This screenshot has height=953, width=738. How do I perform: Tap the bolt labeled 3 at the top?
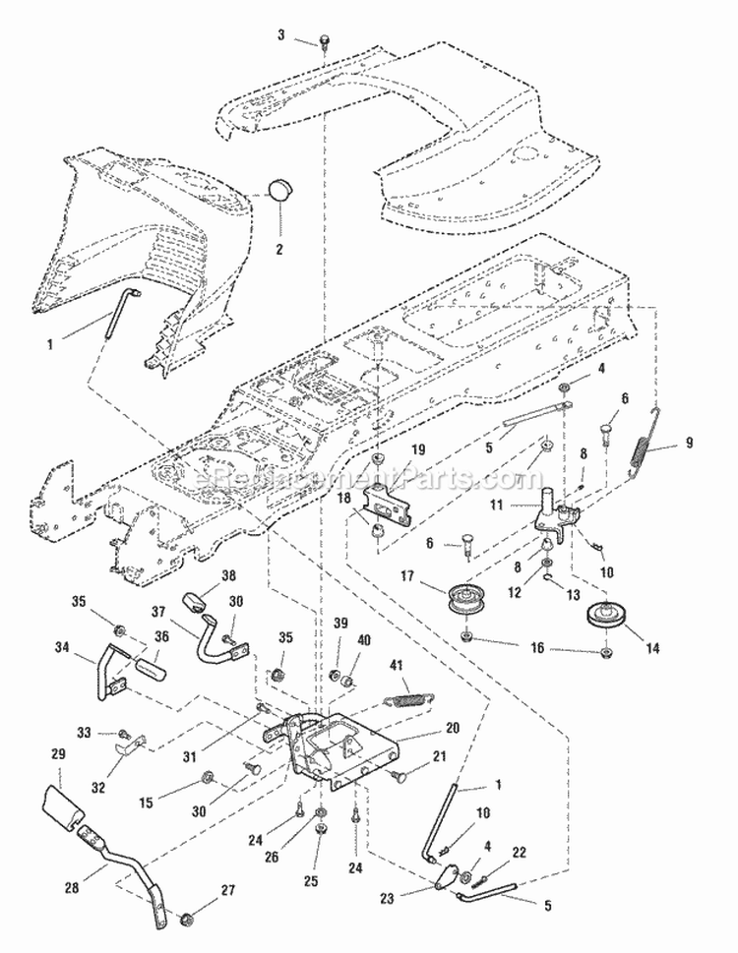pos(323,40)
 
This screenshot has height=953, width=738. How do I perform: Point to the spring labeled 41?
pos(404,698)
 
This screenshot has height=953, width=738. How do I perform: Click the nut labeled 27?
pos(185,919)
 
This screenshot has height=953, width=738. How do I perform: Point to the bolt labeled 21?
pos(400,777)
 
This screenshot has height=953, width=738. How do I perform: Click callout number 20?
pos(453,729)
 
